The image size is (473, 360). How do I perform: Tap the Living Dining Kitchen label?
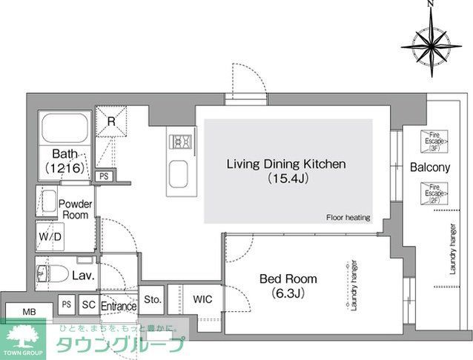pyautogui.click(x=286, y=170)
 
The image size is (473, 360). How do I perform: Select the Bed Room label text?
pyautogui.click(x=288, y=285)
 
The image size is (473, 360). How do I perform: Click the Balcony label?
pyautogui.click(x=429, y=168)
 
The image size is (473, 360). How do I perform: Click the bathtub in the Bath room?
pyautogui.click(x=65, y=128)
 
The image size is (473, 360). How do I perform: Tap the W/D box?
pyautogui.click(x=49, y=238)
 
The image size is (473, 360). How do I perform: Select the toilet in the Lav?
pyautogui.click(x=46, y=274)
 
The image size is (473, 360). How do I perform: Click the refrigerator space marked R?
pyautogui.click(x=110, y=121)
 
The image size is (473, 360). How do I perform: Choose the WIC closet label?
pyautogui.click(x=202, y=299)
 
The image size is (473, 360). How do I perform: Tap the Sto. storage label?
pyautogui.click(x=152, y=299)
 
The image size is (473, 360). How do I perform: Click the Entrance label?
pyautogui.click(x=119, y=306)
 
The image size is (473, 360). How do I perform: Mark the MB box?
pyautogui.click(x=29, y=312)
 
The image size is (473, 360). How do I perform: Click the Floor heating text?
pyautogui.click(x=347, y=218)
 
